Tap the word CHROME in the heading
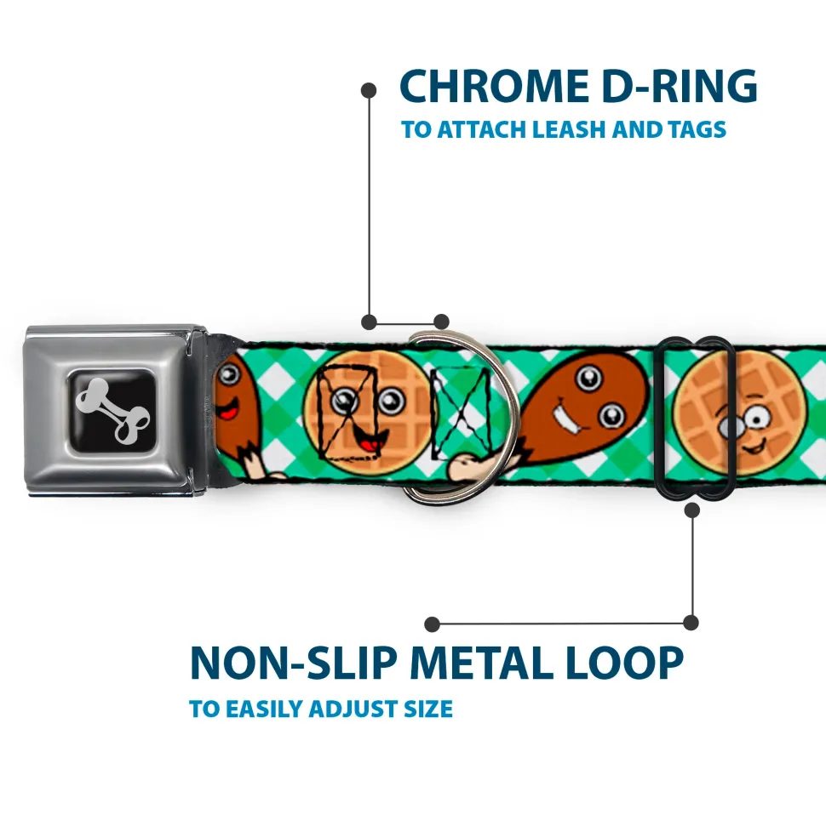[488, 87]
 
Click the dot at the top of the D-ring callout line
[369, 88]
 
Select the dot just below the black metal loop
[691, 510]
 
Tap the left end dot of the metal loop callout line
[433, 624]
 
